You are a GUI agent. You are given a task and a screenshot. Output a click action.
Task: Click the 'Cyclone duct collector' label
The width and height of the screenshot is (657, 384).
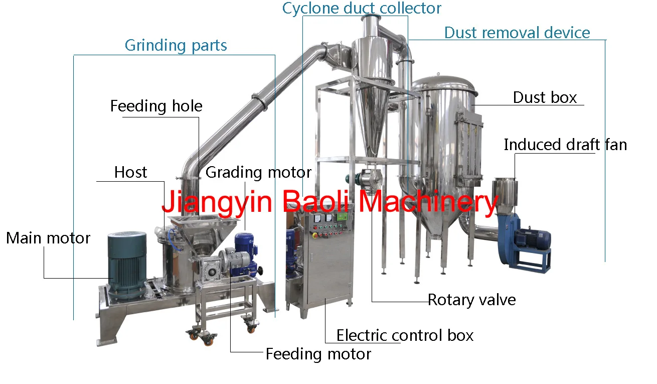point(361,9)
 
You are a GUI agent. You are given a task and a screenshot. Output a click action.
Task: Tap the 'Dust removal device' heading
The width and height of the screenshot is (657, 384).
point(517,33)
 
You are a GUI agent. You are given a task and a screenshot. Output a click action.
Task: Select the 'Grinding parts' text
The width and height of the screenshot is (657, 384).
point(176,45)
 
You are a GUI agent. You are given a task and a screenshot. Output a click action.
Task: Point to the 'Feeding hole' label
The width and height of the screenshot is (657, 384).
point(156,106)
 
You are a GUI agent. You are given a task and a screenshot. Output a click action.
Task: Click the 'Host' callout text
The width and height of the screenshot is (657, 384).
point(130,172)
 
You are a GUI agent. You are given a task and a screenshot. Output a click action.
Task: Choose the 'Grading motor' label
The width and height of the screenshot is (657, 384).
point(258,173)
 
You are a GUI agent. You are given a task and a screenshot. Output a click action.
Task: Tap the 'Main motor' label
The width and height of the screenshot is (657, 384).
point(48,238)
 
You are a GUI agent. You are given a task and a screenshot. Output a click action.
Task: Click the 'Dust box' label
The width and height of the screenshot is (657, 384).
point(545,97)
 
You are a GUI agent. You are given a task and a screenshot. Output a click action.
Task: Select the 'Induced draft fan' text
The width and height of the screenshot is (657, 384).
point(565,145)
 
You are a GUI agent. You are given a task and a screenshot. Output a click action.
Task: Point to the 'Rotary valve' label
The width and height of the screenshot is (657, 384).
point(471,300)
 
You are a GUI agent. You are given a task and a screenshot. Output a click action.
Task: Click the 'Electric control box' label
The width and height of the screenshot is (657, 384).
point(405,335)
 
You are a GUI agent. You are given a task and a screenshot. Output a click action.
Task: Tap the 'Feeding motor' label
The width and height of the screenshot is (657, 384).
point(318,354)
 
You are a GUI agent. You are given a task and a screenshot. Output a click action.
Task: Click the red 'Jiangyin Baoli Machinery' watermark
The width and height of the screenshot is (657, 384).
point(328,202)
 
